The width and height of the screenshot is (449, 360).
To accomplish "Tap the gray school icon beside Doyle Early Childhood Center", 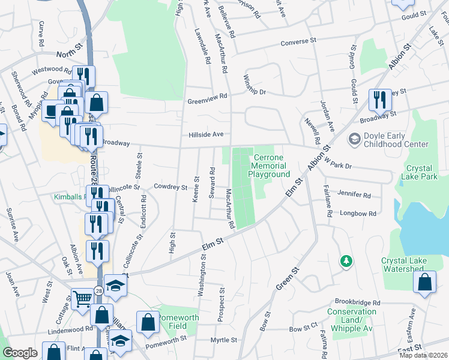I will (355, 139).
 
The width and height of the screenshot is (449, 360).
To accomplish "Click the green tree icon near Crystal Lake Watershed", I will (346, 260).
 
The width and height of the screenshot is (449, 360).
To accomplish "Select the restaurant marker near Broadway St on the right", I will (379, 100).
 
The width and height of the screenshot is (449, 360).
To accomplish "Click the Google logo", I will (20, 353).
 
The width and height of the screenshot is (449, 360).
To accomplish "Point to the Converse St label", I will (298, 42).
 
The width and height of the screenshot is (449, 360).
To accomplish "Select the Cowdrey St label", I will (170, 187).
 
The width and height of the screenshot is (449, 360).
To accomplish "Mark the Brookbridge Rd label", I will (358, 302).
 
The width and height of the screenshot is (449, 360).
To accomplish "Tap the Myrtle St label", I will (224, 340).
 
